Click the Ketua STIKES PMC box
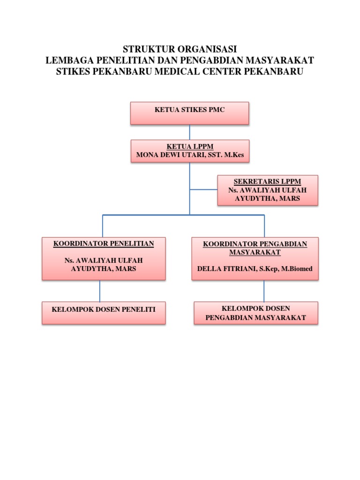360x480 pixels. coord(189,113)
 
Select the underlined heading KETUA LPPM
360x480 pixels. coord(190,147)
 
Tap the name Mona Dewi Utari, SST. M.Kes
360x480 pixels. coord(190,155)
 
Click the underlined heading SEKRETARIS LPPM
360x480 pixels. coord(267,181)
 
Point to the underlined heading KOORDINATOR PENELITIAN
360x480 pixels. coord(104,244)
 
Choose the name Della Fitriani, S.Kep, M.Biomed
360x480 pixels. coord(255,269)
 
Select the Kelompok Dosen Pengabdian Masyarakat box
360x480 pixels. coord(255,313)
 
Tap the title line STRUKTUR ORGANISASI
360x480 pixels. coord(180,49)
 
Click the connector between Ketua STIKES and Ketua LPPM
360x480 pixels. coord(189,132)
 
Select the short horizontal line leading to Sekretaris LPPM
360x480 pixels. coord(203,190)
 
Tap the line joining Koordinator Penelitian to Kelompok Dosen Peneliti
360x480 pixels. coord(99,291)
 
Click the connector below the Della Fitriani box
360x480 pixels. coord(264,291)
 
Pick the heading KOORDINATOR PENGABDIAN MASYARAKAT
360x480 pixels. coord(255,248)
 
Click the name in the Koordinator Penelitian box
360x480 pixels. coord(104,264)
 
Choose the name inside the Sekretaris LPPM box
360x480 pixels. coord(267,194)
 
